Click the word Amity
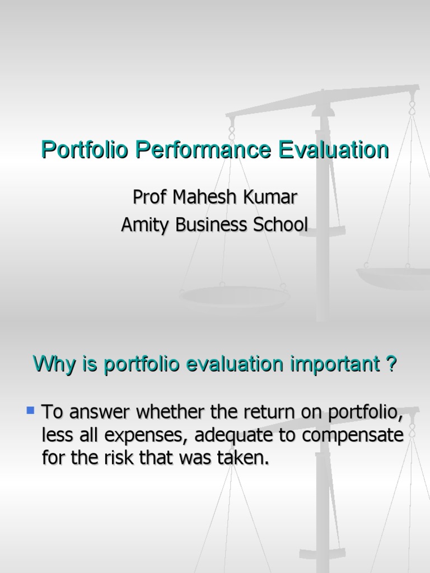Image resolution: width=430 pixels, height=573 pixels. click(x=146, y=225)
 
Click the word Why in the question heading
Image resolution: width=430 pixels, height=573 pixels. click(x=53, y=365)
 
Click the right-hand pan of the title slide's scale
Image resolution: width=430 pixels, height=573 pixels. click(x=392, y=275)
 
